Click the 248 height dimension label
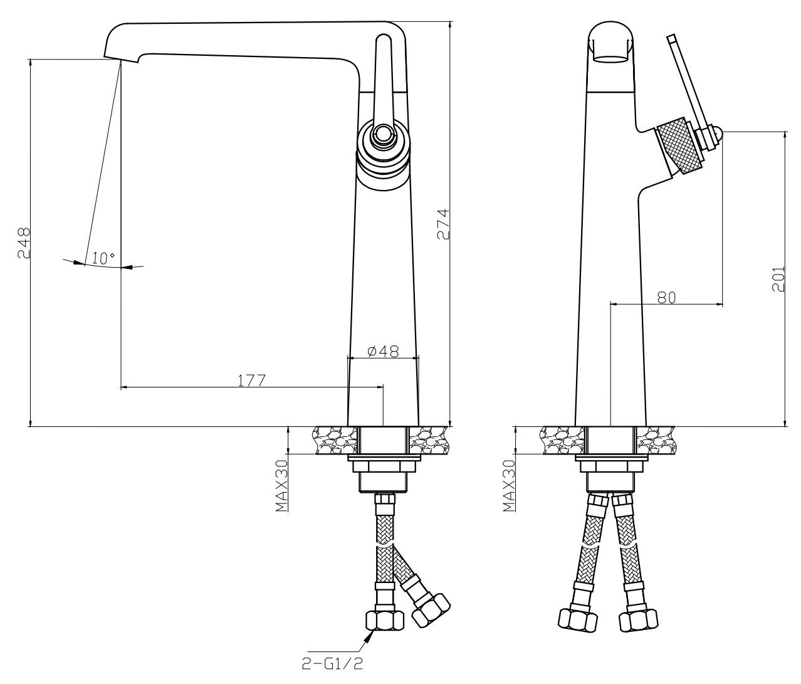24,243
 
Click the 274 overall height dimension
442,224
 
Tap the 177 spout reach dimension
251,380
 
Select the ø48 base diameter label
382,351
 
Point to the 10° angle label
103,258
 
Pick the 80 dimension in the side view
666,297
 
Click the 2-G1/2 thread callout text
332,664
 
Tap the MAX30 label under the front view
281,486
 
